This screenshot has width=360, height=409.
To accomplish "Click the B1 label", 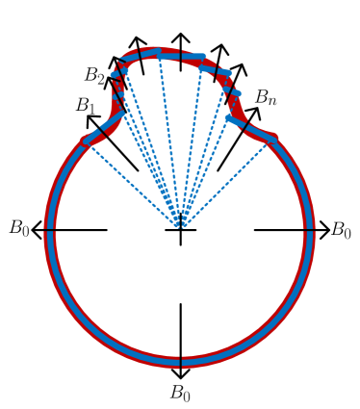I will click(x=86, y=106).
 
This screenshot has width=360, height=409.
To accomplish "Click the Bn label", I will click(x=265, y=98).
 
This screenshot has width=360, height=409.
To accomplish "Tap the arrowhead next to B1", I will click(x=90, y=118).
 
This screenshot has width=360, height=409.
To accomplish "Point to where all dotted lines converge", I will click(x=180, y=229).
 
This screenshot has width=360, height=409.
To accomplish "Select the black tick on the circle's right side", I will click(x=309, y=230).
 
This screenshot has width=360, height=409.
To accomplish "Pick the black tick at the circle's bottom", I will click(x=180, y=362).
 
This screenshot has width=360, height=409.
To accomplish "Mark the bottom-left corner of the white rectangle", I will click(x=76, y=135).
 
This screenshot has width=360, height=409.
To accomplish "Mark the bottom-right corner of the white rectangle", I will click(x=285, y=135).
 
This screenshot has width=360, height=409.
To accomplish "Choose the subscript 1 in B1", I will click(x=92, y=110).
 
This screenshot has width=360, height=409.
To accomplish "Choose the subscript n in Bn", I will click(x=272, y=102).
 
